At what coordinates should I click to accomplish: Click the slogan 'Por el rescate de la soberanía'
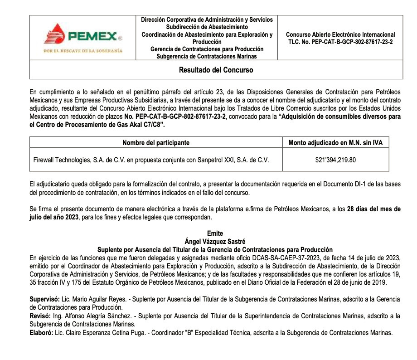(x=83, y=51)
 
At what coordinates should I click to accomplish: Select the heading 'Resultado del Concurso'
(x=216, y=70)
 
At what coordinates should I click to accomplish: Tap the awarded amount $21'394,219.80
(x=335, y=160)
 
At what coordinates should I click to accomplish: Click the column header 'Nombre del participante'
(x=156, y=143)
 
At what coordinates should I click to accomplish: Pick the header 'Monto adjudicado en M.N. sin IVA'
(x=335, y=143)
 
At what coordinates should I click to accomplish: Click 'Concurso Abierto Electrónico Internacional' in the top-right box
(x=340, y=34)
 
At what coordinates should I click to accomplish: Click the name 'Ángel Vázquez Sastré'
(x=215, y=242)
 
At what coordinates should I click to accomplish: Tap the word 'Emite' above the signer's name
(x=215, y=234)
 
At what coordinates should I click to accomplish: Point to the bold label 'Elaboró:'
(x=41, y=332)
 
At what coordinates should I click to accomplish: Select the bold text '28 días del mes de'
(x=373, y=209)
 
